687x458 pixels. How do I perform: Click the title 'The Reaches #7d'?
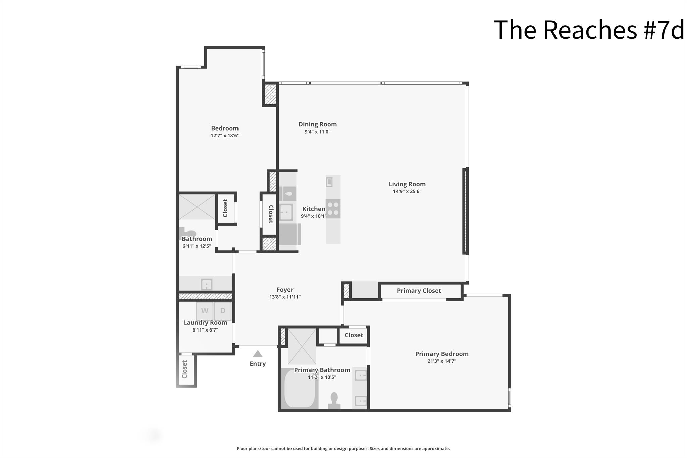point(589,30)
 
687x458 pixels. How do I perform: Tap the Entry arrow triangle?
point(257,354)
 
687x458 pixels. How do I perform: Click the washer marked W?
point(205,311)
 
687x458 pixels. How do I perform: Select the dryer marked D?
point(223,311)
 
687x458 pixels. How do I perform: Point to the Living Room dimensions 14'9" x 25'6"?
point(407,192)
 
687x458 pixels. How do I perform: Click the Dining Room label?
point(317,124)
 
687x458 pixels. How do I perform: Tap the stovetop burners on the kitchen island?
point(333,208)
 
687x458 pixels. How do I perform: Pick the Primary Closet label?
point(419,291)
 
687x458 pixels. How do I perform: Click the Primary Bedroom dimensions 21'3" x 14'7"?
point(441,361)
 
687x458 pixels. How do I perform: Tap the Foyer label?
point(285,290)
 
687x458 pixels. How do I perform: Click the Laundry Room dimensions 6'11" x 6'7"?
point(205,330)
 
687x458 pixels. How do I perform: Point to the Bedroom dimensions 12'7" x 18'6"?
point(225,136)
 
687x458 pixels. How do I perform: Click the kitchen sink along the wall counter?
point(286,212)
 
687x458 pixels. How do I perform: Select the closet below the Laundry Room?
point(185,369)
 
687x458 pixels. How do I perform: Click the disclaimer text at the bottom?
point(343,449)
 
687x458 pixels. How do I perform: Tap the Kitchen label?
point(314,209)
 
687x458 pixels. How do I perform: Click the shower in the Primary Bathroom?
point(302,346)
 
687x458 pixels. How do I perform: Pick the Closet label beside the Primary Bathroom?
point(354,335)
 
